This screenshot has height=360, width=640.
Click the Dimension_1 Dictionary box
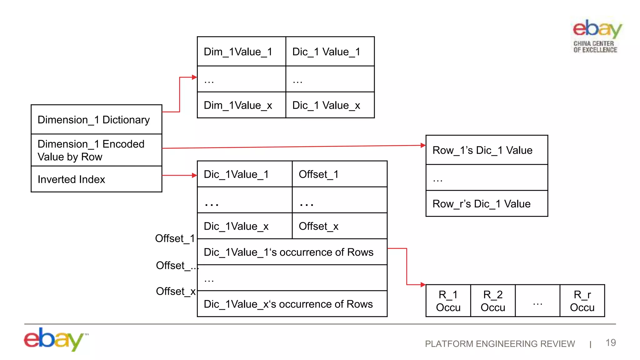coord(96,120)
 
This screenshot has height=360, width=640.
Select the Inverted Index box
coord(96,179)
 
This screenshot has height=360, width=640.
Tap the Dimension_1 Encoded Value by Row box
coord(96,150)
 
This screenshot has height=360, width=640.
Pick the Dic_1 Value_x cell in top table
coord(330,105)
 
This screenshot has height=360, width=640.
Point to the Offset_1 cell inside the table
coord(339,174)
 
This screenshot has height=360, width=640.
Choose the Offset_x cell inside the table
coord(339,226)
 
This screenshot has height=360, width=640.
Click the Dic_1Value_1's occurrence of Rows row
coord(292,252)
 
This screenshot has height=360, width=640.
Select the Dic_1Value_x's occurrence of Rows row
coord(292,304)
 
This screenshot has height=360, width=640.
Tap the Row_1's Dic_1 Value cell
coord(487,150)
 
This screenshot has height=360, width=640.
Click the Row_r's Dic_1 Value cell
coord(487,204)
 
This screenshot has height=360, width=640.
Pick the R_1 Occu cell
coord(448,301)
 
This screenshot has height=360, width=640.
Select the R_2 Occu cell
coord(493,301)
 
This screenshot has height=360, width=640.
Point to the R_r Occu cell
coord(582,301)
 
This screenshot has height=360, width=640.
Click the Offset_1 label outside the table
coord(175,238)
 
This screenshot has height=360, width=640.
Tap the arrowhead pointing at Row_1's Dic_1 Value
coord(423,145)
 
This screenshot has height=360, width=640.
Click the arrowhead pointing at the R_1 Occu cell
coord(423,285)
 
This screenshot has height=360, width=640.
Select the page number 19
coord(611,342)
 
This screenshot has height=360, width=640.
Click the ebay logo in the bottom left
coord(55,339)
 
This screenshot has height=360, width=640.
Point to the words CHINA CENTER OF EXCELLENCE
coord(595,47)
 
